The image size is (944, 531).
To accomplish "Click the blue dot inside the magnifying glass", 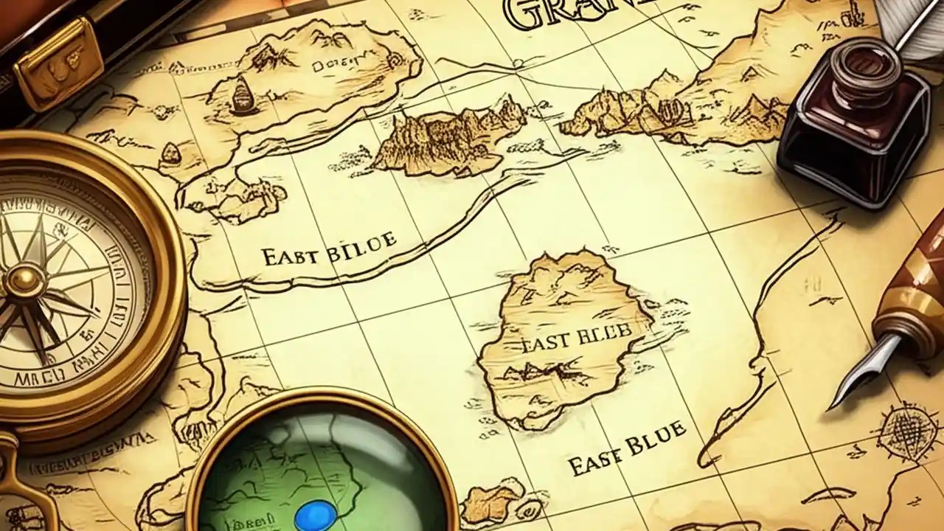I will point(316,516).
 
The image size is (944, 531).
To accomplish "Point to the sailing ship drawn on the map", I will point(241,97).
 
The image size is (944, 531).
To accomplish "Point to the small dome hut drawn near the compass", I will point(170,153).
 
